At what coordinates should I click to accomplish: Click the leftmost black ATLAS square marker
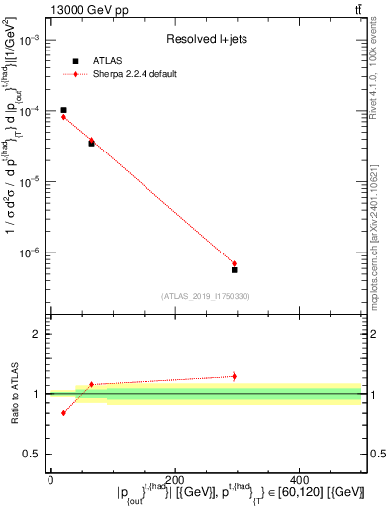click(63, 110)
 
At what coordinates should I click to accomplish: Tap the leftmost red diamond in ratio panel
click(63, 412)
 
